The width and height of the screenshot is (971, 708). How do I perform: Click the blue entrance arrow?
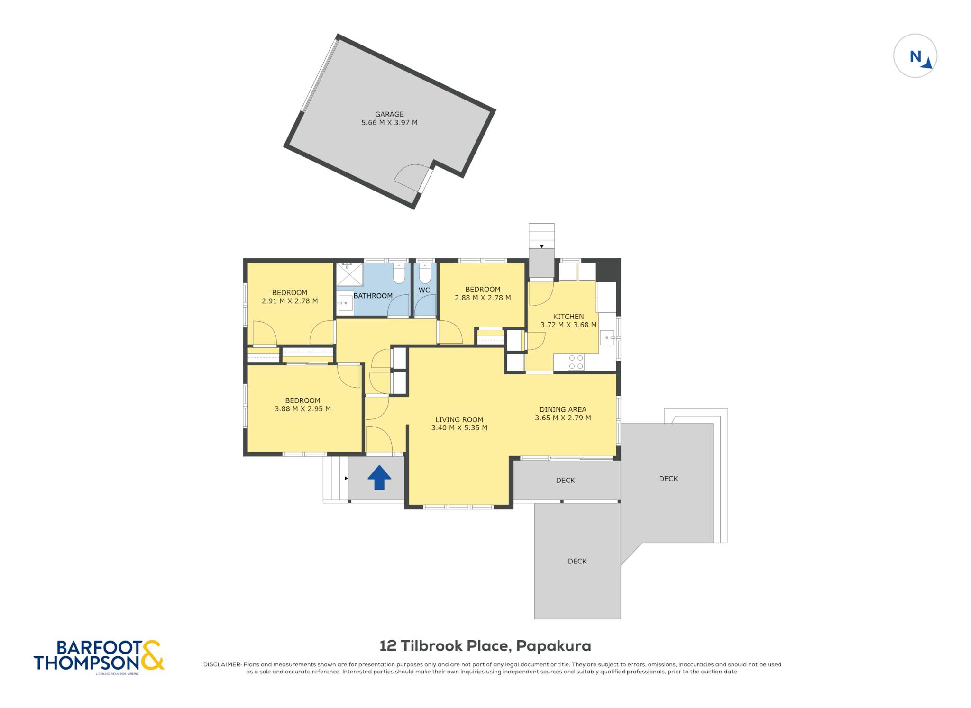point(379,477)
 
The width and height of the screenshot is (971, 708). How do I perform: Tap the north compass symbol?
point(915,56)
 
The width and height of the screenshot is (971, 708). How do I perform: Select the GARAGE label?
point(389,114)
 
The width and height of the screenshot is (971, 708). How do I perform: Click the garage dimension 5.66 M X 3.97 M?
point(389,123)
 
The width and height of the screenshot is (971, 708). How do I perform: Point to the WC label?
point(424,290)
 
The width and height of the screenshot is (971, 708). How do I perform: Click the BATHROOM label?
point(373,296)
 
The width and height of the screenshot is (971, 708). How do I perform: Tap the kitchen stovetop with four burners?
point(576,363)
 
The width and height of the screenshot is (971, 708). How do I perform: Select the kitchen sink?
point(607,338)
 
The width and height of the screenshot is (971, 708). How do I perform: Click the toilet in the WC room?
point(425,273)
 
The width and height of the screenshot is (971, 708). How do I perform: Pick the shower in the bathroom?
point(349,275)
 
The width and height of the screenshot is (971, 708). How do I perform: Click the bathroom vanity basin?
point(345,303)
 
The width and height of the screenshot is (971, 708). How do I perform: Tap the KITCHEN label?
point(568,317)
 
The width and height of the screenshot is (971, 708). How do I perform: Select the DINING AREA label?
point(563,409)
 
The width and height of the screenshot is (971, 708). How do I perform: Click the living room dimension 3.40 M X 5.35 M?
point(459,428)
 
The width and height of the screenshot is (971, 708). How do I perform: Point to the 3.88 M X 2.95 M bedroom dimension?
point(302,409)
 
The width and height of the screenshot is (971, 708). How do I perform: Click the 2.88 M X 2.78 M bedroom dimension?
point(483,298)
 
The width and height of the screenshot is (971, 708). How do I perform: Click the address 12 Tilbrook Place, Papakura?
point(485,646)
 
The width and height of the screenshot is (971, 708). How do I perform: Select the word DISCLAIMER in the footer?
point(222,664)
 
